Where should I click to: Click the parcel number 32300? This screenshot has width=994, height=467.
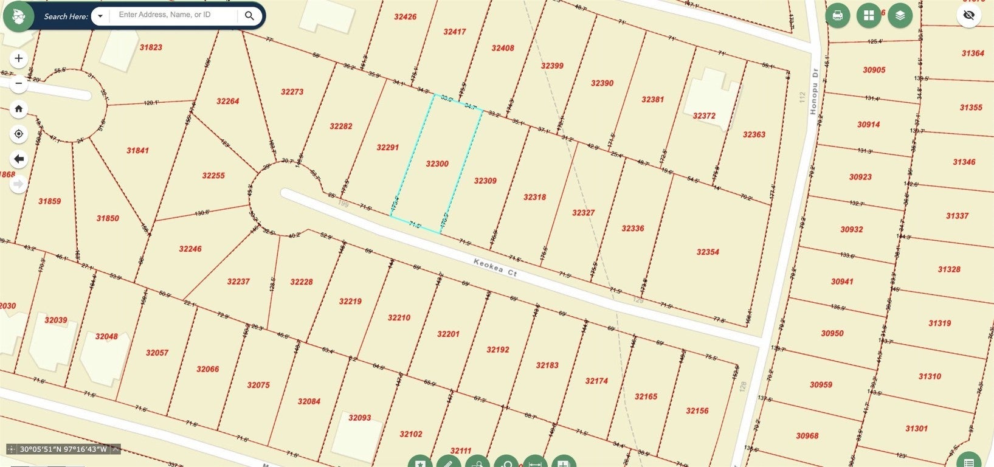(437, 164)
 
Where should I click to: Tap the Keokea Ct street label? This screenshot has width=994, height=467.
(495, 268)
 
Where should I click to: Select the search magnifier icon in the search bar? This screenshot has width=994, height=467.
(249, 16)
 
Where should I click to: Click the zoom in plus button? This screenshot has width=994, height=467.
(19, 58)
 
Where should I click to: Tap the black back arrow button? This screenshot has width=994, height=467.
(19, 159)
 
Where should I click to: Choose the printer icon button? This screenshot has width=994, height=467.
(837, 16)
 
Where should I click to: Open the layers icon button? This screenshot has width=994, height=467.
(900, 16)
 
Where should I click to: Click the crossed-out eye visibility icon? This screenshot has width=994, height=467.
(969, 16)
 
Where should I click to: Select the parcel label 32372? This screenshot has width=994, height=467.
(704, 116)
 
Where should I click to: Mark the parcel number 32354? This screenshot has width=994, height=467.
(708, 252)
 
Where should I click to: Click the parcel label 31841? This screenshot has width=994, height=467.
(137, 150)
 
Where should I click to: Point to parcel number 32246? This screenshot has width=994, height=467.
(190, 249)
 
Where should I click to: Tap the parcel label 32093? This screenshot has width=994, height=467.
(360, 418)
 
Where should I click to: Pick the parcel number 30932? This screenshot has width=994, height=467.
(852, 229)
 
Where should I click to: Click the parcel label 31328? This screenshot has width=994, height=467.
(949, 269)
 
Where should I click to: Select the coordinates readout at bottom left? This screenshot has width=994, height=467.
(63, 449)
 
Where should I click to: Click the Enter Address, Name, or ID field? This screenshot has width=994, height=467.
(173, 15)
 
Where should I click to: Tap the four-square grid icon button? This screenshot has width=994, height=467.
(869, 16)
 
